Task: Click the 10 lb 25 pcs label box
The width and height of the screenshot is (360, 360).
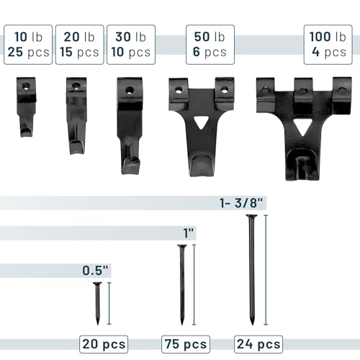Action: [28, 45]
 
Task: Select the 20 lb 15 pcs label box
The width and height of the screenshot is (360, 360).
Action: [80, 45]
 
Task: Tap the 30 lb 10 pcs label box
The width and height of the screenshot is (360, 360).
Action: [131, 45]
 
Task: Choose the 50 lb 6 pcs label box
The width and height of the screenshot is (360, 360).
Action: [210, 45]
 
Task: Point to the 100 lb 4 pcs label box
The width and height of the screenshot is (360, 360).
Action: [328, 45]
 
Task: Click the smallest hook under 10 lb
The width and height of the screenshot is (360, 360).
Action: [26, 107]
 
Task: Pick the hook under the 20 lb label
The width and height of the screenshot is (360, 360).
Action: [76, 115]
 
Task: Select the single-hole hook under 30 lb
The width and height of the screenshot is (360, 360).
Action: [130, 125]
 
